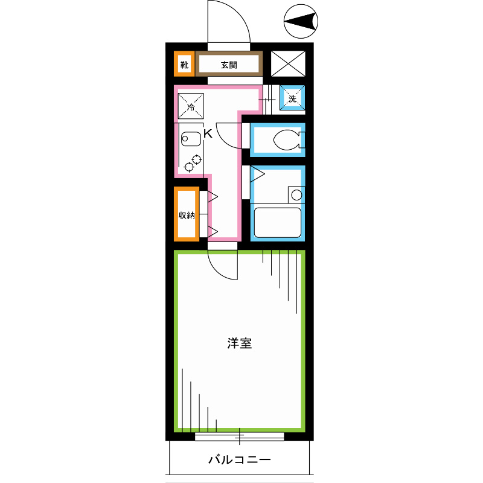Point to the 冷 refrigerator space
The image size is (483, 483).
(x=191, y=107)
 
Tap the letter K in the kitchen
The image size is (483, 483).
(x=207, y=134)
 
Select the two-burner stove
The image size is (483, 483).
(x=193, y=162)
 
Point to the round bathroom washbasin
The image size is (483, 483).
(x=295, y=194)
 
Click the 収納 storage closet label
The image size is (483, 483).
(x=187, y=215)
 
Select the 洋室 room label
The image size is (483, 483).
(x=239, y=344)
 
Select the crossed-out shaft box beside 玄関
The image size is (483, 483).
(x=288, y=64)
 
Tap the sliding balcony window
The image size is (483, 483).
(x=240, y=435)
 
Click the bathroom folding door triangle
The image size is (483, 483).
(x=258, y=174)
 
